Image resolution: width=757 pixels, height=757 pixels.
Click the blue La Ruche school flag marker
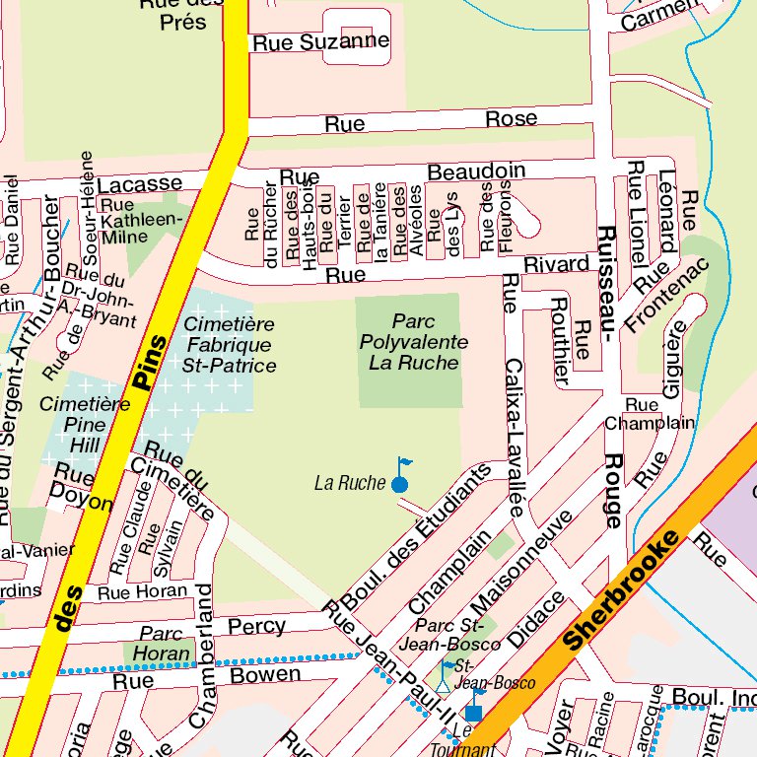[399, 482]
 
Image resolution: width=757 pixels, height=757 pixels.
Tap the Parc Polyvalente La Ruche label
[413, 342]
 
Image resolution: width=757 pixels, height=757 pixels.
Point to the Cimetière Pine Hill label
[85, 425]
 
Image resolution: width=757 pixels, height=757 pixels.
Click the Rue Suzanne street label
[320, 42]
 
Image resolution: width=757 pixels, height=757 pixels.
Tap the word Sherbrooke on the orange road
[624, 588]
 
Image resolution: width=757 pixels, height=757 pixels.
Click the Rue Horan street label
[142, 591]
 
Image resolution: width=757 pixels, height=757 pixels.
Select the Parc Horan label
[162, 643]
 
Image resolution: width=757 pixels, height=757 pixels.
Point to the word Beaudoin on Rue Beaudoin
[476, 172]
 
